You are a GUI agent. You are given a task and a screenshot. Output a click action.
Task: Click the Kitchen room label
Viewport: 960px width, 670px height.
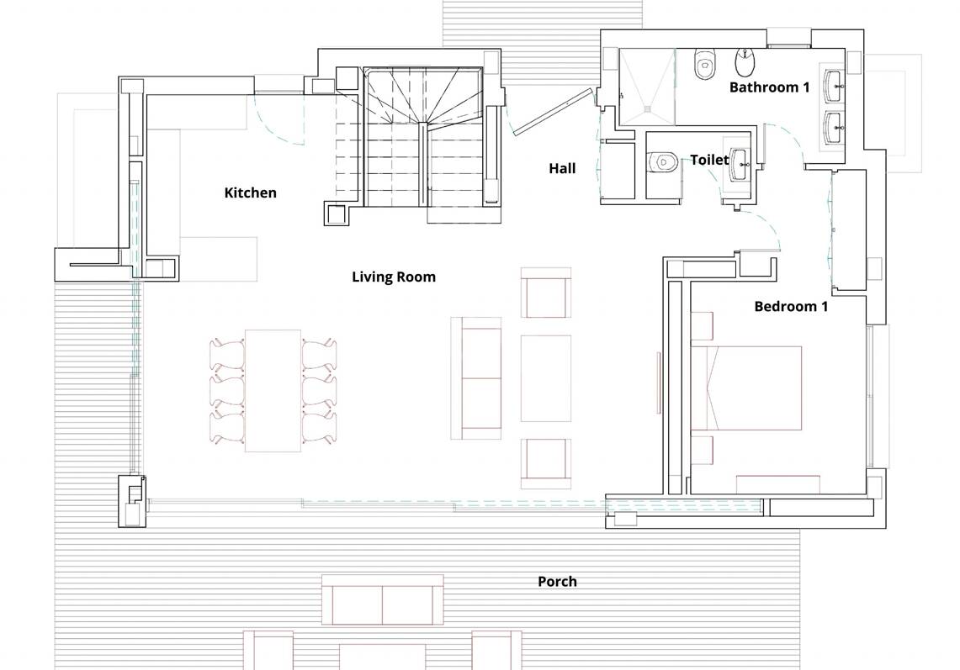click(x=251, y=193)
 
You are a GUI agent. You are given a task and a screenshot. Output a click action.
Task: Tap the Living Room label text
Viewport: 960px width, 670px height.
click(x=394, y=277)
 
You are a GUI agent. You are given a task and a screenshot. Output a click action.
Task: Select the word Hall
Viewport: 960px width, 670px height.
click(x=562, y=168)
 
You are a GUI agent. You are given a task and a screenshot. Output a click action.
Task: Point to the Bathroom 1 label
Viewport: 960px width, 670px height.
click(x=770, y=87)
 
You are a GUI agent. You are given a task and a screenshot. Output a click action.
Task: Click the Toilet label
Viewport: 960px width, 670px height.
click(x=709, y=160)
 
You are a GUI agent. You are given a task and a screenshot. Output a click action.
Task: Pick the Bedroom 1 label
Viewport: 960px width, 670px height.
click(x=791, y=306)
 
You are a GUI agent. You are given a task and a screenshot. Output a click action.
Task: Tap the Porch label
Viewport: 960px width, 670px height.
click(x=557, y=581)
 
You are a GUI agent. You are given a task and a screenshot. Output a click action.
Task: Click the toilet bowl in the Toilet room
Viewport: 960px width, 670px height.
click(x=663, y=161)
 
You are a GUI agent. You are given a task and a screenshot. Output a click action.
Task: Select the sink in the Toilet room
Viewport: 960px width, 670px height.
click(x=741, y=165)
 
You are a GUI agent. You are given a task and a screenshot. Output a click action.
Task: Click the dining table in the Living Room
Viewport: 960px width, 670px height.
click(x=273, y=391)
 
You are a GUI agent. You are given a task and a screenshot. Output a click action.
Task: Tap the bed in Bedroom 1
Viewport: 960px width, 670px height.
click(x=754, y=388)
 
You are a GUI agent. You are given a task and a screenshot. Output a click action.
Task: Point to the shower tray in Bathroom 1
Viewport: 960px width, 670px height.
click(x=647, y=87)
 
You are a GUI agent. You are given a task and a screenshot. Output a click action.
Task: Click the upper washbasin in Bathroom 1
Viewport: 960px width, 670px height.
click(x=835, y=87)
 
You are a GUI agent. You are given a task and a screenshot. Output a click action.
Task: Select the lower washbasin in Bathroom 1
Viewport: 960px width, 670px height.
click(x=835, y=127)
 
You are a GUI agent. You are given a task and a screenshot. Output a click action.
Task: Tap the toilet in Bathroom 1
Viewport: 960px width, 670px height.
click(x=705, y=64)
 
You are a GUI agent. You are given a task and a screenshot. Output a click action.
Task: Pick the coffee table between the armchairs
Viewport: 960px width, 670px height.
click(x=546, y=378)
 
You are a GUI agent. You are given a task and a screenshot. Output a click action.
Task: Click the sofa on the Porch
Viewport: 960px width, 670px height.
click(x=383, y=599)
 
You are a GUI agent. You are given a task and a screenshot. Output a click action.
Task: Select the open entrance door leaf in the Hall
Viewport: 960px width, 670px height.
click(x=554, y=112)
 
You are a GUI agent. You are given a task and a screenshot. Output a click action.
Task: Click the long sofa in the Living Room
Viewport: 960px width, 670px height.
click(x=475, y=378)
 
